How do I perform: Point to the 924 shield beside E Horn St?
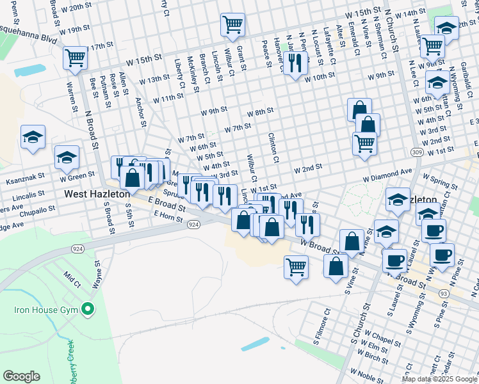click(x=193, y=225)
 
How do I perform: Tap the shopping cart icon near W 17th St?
click(x=76, y=58)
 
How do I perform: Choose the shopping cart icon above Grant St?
click(x=232, y=25)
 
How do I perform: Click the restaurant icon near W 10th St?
click(x=295, y=62)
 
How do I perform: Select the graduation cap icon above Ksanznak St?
click(x=33, y=137)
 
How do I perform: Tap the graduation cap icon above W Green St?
click(x=66, y=156)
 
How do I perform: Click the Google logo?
click(x=21, y=376)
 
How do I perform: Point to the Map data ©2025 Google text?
click(x=439, y=379)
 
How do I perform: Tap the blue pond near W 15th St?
click(x=29, y=70)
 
